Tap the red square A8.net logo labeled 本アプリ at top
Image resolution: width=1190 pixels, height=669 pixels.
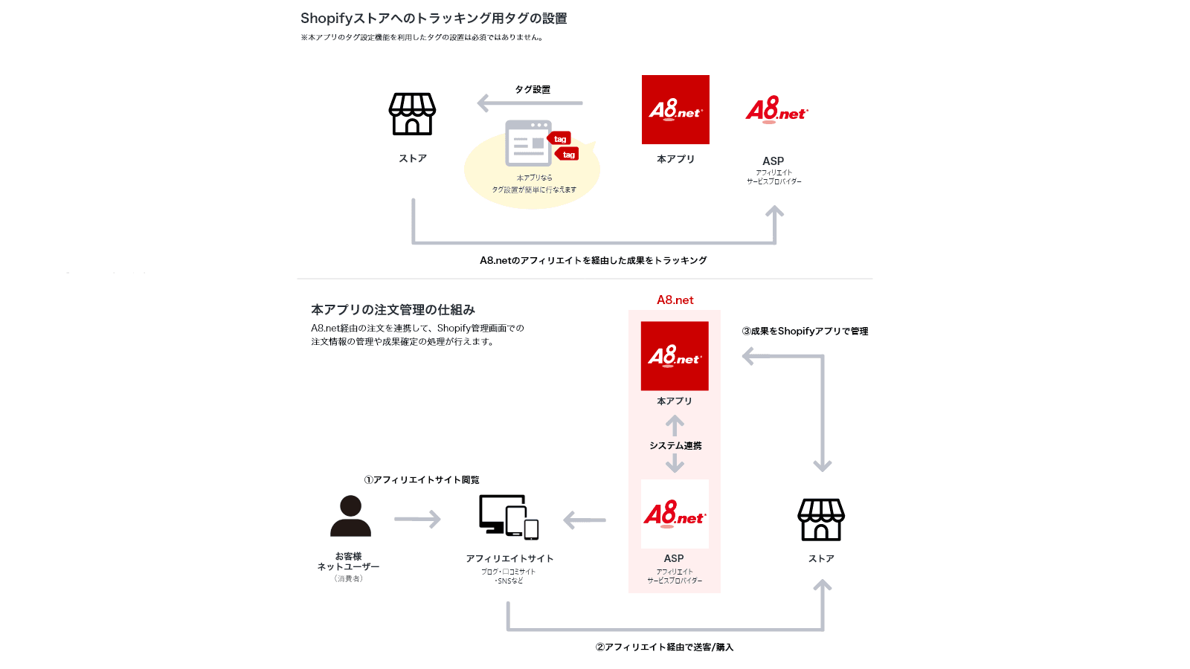pos(675,110)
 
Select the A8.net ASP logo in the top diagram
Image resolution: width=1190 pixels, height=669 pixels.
pos(776,110)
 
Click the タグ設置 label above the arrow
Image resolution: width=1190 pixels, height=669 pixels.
pos(533,89)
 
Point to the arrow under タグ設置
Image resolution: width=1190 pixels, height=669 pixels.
pos(530,103)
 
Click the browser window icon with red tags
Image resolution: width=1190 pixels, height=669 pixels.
pos(530,143)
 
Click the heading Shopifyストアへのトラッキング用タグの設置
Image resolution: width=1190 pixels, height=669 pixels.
pos(434,19)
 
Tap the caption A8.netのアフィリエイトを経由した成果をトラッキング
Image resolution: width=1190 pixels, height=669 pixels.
pos(593,260)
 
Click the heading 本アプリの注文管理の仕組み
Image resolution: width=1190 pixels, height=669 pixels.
pos(393,309)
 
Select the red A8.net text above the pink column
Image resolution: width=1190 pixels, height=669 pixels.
pos(675,300)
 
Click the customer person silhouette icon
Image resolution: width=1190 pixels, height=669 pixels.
pos(350,516)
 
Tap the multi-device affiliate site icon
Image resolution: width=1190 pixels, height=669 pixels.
pos(509,517)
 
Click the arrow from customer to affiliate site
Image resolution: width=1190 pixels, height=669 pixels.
pos(417,519)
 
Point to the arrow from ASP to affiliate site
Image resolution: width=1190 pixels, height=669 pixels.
pos(585,520)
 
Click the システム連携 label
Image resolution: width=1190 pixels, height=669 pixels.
pos(675,445)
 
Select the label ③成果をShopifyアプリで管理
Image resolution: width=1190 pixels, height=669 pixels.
pos(805,332)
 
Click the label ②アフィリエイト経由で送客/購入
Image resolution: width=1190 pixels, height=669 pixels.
pos(664,647)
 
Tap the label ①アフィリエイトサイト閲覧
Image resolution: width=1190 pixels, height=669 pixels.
pos(422,479)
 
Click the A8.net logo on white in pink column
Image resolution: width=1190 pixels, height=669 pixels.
pos(675,514)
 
